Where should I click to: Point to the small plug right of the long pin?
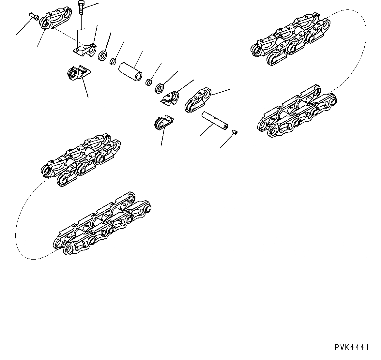[x=235, y=132]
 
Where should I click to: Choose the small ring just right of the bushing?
[x=149, y=82]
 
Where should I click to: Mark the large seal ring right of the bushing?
[x=160, y=88]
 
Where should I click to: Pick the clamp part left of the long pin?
[x=163, y=122]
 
